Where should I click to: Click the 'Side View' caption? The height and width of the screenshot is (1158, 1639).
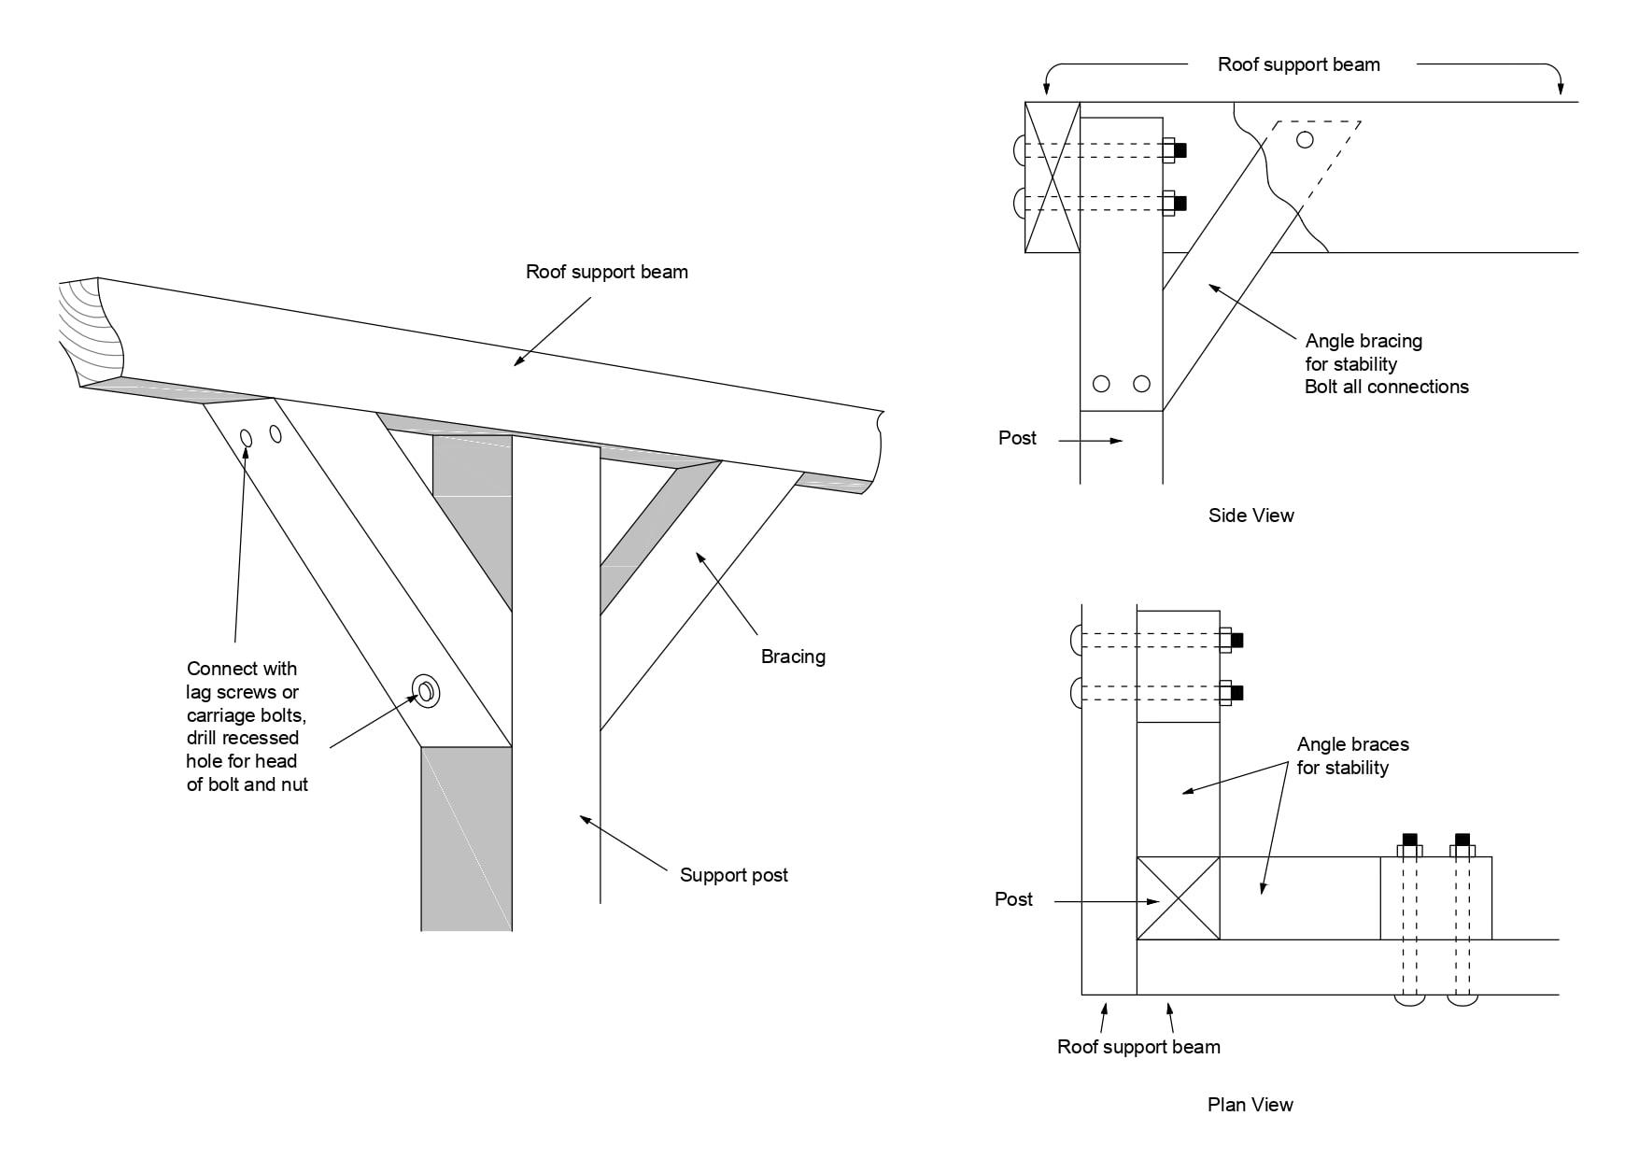pyautogui.click(x=1250, y=515)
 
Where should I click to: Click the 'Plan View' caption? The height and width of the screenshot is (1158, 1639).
pyautogui.click(x=1250, y=1105)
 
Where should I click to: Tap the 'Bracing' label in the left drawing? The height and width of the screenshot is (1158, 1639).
pyautogui.click(x=793, y=657)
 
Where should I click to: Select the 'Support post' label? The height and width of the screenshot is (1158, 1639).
pyautogui.click(x=733, y=875)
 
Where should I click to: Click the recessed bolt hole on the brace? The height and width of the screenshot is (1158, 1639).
pyautogui.click(x=426, y=691)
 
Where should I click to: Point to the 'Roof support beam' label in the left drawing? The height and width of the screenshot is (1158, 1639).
pyautogui.click(x=607, y=273)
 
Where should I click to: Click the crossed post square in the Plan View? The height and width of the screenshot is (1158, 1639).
pyautogui.click(x=1178, y=898)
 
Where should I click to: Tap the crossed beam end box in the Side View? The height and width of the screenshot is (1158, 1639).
pyautogui.click(x=1053, y=177)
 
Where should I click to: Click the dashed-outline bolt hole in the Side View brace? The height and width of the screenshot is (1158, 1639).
pyautogui.click(x=1305, y=140)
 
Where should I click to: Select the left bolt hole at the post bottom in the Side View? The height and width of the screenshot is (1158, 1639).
pyautogui.click(x=1101, y=384)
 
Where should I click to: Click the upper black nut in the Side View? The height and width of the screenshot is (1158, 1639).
pyautogui.click(x=1180, y=149)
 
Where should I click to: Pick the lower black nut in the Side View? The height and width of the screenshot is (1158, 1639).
pyautogui.click(x=1180, y=203)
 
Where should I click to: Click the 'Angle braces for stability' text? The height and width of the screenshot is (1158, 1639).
pyautogui.click(x=1352, y=756)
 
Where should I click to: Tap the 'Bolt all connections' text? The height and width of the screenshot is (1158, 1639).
pyautogui.click(x=1386, y=387)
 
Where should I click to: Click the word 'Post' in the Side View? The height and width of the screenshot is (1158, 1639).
pyautogui.click(x=1017, y=438)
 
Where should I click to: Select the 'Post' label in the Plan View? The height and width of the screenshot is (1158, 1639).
pyautogui.click(x=1013, y=899)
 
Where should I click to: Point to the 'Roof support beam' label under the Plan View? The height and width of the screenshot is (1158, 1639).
pyautogui.click(x=1138, y=1047)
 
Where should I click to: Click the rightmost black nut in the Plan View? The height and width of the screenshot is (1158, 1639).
pyautogui.click(x=1462, y=839)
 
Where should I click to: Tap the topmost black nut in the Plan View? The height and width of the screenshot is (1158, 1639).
pyautogui.click(x=1236, y=641)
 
